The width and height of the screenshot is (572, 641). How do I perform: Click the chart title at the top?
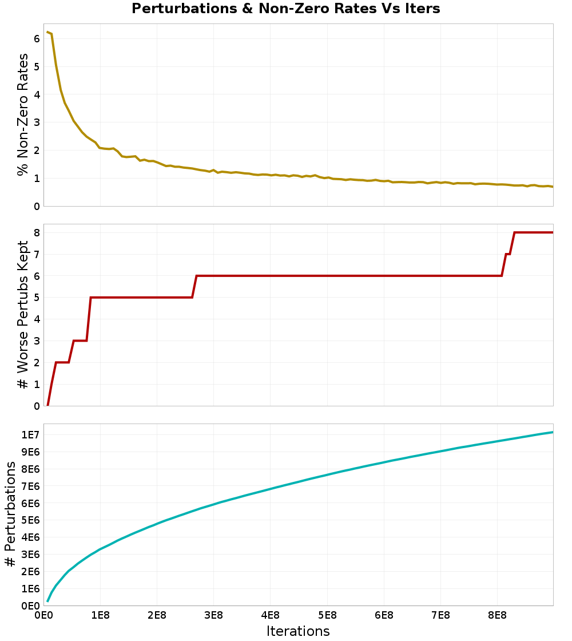[x=285, y=9]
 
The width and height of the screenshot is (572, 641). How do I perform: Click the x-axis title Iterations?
[x=298, y=631]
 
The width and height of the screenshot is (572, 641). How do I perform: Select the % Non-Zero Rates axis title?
[x=22, y=114]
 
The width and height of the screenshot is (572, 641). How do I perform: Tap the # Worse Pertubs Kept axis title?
[x=22, y=315]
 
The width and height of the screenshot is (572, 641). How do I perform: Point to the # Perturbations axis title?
[x=10, y=514]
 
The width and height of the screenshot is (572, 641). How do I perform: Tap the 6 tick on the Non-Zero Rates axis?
[x=36, y=38]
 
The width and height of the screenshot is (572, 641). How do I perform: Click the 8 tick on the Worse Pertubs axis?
[x=36, y=232]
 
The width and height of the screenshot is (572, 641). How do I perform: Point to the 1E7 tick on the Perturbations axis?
[x=30, y=435]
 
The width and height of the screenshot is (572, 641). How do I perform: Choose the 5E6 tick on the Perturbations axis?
[x=30, y=520]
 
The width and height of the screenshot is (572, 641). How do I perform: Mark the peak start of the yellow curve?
[x=47, y=32]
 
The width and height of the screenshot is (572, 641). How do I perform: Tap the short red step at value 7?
[x=508, y=254]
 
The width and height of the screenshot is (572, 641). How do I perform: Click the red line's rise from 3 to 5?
[x=89, y=319]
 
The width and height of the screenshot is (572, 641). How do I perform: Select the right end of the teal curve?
[x=553, y=432]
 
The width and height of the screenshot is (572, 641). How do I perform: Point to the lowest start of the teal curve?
[x=47, y=601]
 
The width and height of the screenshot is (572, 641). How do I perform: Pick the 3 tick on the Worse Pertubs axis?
[x=36, y=341]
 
